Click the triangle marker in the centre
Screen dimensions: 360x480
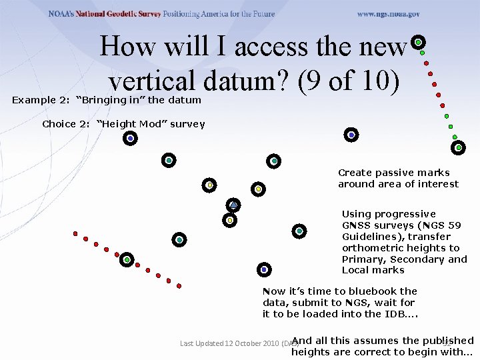pos(233,205)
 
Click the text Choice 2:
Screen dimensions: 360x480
pos(66,124)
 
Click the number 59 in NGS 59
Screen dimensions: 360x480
pos(453,225)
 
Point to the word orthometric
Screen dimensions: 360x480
pos(371,248)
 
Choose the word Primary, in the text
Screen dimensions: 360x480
pos(363,259)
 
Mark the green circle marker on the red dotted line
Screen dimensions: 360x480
pos(127,259)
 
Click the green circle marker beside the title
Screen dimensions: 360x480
pos(418,42)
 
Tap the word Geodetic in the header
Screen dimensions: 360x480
pos(125,14)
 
